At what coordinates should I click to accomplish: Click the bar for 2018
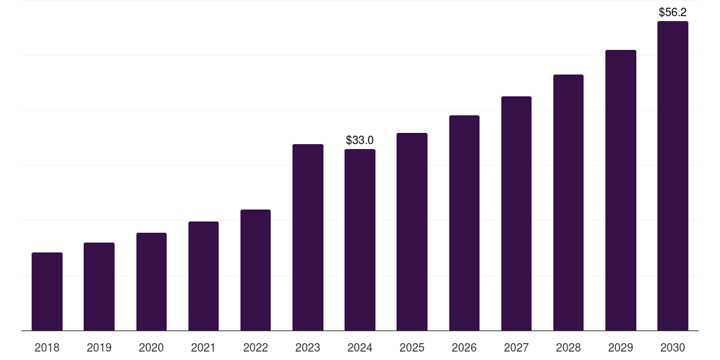tap(47, 291)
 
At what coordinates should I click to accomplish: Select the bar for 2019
tap(99, 286)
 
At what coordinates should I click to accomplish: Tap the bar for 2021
tap(203, 276)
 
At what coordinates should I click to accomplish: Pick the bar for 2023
tap(308, 237)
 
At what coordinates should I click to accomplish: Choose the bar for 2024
tap(360, 240)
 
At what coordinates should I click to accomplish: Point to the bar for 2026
tap(464, 223)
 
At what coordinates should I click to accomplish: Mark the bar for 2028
tap(568, 202)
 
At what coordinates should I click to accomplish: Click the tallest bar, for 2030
tap(673, 176)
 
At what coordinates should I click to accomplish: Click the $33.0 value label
tap(360, 141)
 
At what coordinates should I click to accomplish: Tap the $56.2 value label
tap(673, 12)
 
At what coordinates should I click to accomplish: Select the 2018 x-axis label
tap(47, 347)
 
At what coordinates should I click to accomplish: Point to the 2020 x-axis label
tap(151, 347)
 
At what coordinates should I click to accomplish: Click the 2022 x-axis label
tap(256, 347)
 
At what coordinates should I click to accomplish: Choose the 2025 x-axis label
tap(412, 347)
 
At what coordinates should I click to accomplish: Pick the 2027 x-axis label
tap(516, 347)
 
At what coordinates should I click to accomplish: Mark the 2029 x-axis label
tap(621, 347)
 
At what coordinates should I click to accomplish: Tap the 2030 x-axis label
tap(673, 347)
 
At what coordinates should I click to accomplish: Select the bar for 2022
tap(256, 270)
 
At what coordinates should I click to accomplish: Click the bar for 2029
tap(621, 190)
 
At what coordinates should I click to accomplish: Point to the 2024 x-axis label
tap(360, 347)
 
